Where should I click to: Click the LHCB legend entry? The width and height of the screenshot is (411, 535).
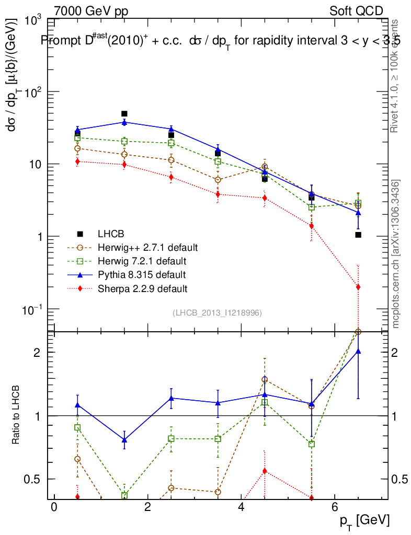[x=109, y=234]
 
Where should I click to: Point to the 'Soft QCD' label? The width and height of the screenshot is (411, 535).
[x=356, y=11]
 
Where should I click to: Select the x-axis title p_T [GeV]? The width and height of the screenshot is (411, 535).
[x=364, y=520]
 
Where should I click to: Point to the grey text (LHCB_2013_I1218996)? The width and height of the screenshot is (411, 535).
[x=217, y=312]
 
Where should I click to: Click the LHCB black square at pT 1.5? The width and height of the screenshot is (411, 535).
[x=124, y=113]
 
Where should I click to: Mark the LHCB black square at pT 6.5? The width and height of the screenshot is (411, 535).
[x=358, y=235]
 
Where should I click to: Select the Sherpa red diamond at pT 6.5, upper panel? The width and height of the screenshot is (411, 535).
[x=358, y=287]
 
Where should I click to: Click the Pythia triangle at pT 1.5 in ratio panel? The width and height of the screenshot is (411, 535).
[x=124, y=440]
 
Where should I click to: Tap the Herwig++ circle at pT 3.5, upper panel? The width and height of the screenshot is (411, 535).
[x=218, y=180]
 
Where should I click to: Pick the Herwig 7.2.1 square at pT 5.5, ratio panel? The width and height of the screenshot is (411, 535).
[x=312, y=444]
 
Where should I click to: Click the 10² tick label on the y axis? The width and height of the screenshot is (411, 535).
[x=33, y=91]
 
